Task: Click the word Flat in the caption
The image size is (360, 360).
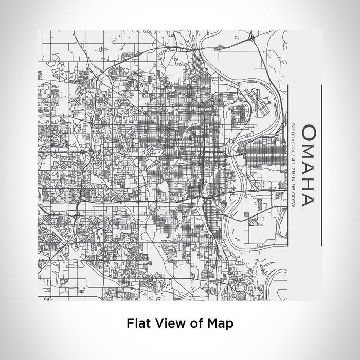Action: pos(138,324)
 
